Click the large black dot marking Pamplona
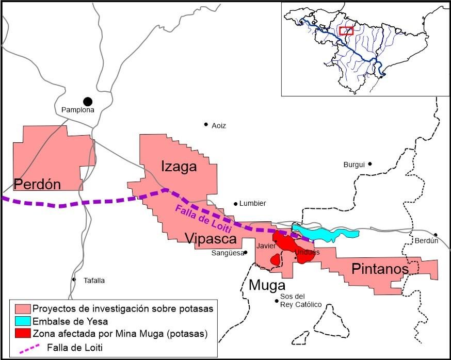click(x=88, y=102)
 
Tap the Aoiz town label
click(x=218, y=125)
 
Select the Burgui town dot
click(x=370, y=164)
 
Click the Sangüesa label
click(x=227, y=253)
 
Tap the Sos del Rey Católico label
click(x=300, y=301)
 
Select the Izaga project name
click(x=179, y=167)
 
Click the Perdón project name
click(x=38, y=184)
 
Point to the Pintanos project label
click(x=380, y=269)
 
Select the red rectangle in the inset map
click(x=346, y=30)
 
